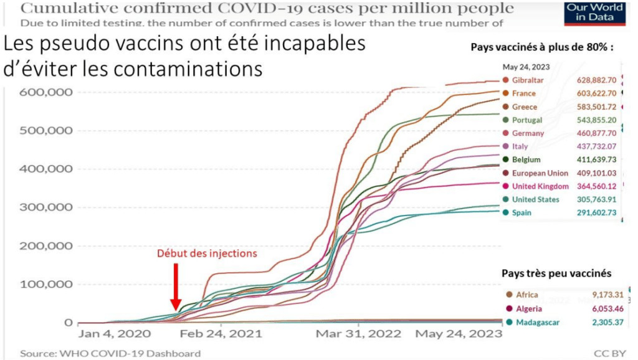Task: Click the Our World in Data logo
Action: coord(594,12)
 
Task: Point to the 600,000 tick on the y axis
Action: coord(47,92)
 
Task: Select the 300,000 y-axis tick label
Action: coord(47,207)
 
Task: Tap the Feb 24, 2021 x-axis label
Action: coord(214,334)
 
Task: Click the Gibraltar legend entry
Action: coord(527,80)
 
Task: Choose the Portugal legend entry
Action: coord(526,120)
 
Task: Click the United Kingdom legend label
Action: coord(540,186)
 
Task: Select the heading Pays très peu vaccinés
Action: coord(547,273)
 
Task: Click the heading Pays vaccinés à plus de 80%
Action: coord(541,47)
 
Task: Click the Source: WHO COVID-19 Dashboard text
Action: coord(110,353)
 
